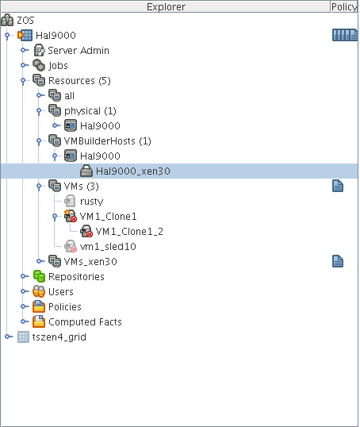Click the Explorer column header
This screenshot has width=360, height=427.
166,6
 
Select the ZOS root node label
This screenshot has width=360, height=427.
25,21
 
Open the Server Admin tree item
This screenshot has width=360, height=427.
79,50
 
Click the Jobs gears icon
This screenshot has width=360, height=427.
39,65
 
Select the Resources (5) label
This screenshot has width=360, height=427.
79,81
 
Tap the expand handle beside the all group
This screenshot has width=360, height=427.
40,95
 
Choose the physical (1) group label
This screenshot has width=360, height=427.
90,111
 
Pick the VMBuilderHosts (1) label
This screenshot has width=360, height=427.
108,141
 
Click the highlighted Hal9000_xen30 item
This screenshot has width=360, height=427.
133,171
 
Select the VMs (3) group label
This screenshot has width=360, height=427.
81,187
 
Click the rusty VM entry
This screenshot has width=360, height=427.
91,202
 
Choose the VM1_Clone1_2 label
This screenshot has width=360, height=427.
129,232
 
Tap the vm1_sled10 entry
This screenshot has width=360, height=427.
108,247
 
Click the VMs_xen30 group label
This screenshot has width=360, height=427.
90,262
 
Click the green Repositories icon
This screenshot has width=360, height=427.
39,276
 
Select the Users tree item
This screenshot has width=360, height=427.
61,292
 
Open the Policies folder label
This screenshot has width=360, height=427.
65,307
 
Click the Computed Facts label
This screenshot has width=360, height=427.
85,322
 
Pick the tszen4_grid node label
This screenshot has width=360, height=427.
59,337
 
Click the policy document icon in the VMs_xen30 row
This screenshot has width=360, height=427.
338,261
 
